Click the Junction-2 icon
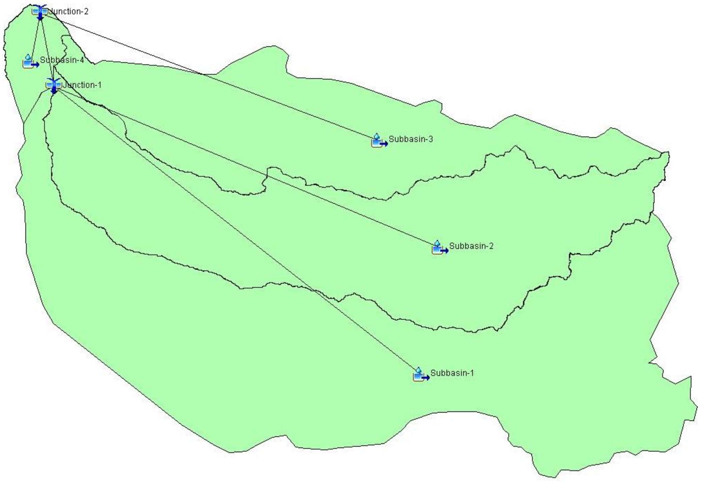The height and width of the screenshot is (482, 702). click(x=40, y=11)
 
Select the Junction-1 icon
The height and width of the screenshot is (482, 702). click(x=53, y=85)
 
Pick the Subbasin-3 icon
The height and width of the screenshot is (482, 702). click(x=379, y=141)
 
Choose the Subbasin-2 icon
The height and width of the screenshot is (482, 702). click(x=439, y=248)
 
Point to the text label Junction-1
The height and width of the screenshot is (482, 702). click(x=82, y=85)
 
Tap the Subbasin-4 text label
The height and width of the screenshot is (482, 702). click(x=62, y=60)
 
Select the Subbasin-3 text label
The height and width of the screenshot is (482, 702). click(x=411, y=139)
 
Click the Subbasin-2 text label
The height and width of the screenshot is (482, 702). click(x=471, y=246)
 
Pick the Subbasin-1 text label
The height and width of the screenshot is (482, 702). click(x=452, y=373)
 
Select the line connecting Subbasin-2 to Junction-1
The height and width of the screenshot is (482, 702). click(x=242, y=164)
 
